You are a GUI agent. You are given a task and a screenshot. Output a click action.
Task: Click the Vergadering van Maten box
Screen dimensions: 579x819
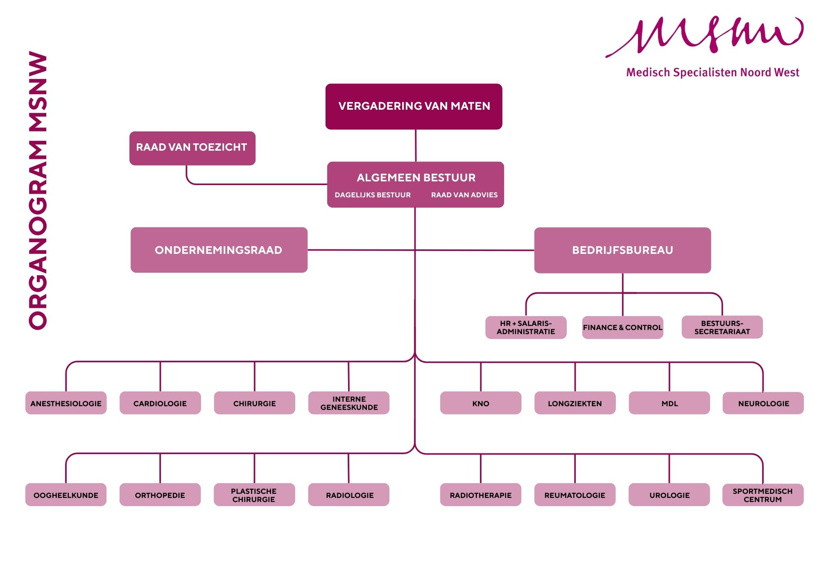click(x=414, y=106)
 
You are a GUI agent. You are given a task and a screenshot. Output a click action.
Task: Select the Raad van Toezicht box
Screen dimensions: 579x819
click(x=192, y=148)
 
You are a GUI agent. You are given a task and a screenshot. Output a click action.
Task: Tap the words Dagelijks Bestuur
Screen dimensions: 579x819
click(x=373, y=195)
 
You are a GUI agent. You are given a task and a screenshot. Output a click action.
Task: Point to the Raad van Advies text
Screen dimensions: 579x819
click(x=464, y=195)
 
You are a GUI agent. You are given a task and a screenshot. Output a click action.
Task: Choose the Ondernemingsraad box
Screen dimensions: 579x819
click(x=219, y=250)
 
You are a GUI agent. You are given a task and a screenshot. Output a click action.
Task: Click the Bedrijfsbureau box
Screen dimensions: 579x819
click(x=622, y=250)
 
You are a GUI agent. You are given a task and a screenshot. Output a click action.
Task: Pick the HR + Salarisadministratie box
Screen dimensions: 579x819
click(x=526, y=327)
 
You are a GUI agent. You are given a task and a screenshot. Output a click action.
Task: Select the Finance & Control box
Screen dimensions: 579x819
click(x=622, y=327)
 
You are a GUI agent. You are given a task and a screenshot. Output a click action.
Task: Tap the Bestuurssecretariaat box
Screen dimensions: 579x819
click(x=722, y=327)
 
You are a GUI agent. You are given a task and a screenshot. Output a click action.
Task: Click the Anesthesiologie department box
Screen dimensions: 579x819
click(x=66, y=403)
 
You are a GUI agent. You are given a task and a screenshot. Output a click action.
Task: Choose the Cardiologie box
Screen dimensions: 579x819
click(x=160, y=403)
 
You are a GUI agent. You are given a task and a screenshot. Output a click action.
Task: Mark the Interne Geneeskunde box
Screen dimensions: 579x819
click(x=349, y=403)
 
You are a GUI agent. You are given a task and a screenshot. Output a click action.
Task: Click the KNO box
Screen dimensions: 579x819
click(x=481, y=403)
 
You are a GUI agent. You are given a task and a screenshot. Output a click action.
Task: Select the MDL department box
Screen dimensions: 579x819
click(x=669, y=403)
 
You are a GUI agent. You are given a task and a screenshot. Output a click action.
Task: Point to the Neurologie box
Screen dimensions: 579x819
click(x=763, y=403)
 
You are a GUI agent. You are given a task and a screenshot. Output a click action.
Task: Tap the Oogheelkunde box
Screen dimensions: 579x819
click(x=66, y=495)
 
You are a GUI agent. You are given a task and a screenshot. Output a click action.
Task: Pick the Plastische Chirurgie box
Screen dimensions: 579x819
click(x=254, y=495)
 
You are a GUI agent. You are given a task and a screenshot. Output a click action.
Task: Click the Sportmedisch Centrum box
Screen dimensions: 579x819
click(x=762, y=495)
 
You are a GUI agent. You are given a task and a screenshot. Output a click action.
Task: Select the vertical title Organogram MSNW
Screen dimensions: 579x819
click(x=38, y=190)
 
